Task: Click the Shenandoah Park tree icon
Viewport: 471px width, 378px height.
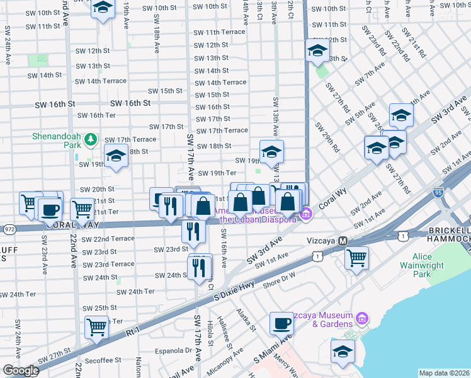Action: click(91, 138)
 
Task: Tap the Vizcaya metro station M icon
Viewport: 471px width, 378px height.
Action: click(343, 241)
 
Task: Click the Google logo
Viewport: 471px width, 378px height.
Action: click(21, 370)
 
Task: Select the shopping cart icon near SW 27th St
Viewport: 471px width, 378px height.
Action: click(96, 327)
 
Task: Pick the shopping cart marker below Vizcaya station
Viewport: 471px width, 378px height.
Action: click(356, 257)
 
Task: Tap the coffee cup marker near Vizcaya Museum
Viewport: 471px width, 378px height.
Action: click(281, 323)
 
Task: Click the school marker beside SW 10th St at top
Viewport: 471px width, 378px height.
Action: click(103, 8)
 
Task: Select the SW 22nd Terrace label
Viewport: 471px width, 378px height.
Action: click(113, 239)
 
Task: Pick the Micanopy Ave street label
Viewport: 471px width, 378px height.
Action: click(228, 365)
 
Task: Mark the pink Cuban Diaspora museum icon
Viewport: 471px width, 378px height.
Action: click(306, 214)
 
